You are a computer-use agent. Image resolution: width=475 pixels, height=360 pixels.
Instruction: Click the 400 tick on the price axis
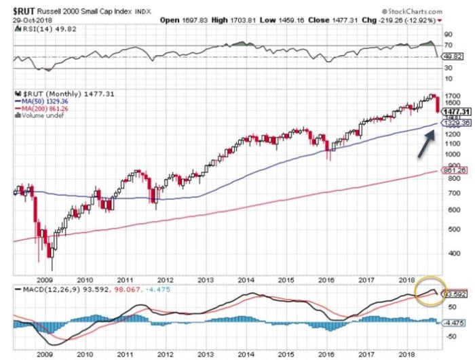click(x=447, y=253)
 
